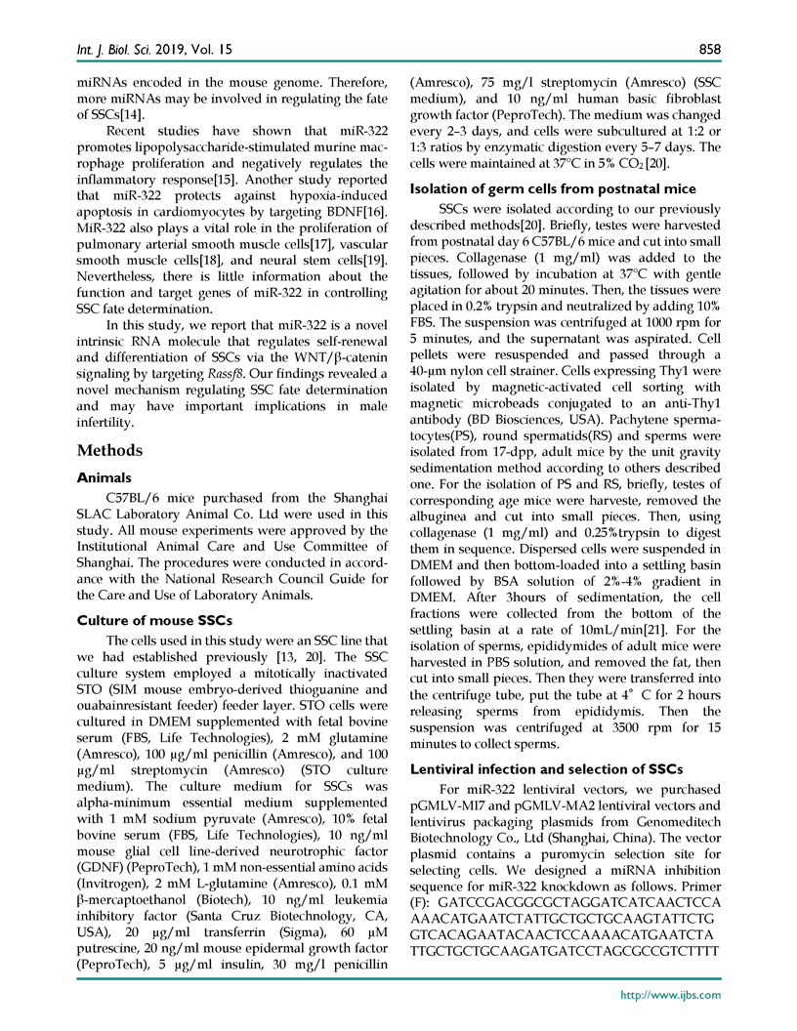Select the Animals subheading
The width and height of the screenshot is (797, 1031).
104,478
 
